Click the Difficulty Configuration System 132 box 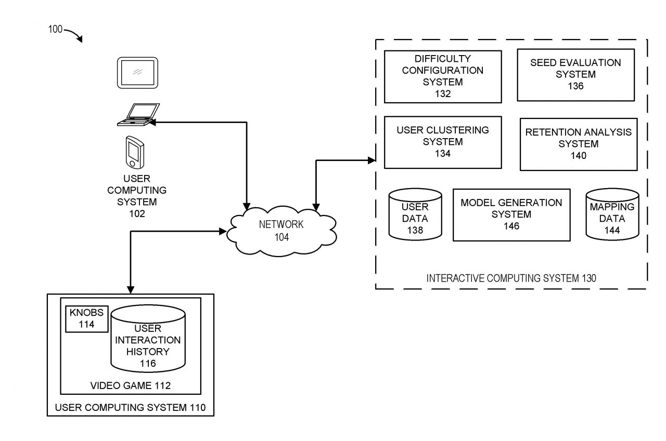tap(443, 76)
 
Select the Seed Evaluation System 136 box tap(575, 75)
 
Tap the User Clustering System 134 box tap(443, 142)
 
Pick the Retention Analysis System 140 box tap(578, 144)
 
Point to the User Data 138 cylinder tap(415, 214)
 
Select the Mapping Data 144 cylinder tap(612, 214)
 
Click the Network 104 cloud tap(274, 231)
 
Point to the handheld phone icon tap(134, 152)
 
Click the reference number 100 tap(56, 30)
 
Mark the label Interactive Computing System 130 tap(511, 278)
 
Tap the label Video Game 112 tap(131, 385)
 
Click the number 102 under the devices tap(137, 213)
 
